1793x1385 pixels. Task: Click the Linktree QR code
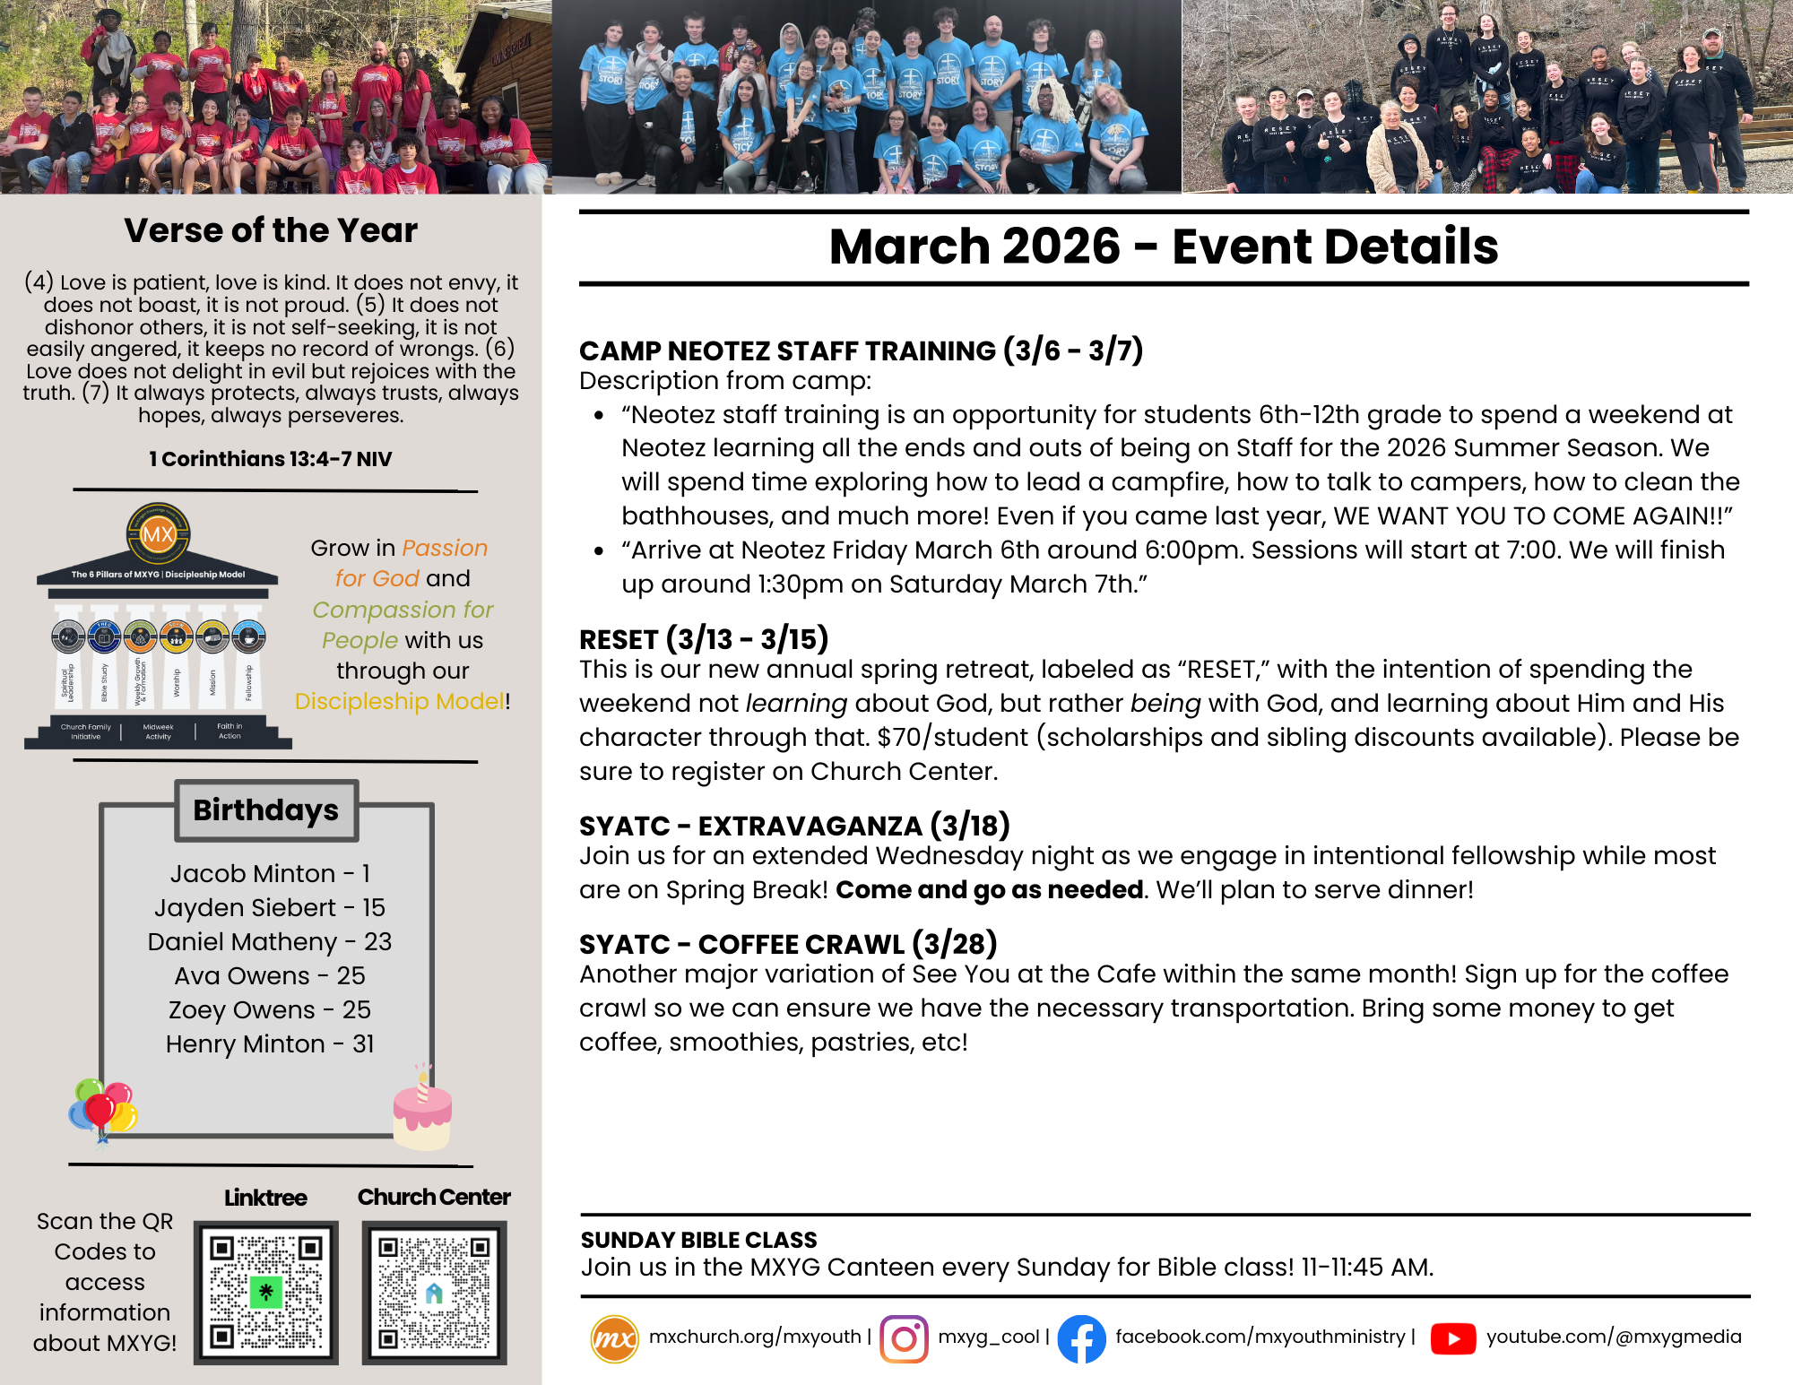click(x=265, y=1292)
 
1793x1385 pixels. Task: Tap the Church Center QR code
click(x=434, y=1292)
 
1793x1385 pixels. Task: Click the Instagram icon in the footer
click(x=904, y=1338)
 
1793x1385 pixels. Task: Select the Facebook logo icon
click(x=1081, y=1338)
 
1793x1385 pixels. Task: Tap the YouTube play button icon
click(x=1453, y=1338)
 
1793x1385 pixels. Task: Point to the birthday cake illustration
click(x=422, y=1112)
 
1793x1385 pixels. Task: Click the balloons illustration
click(x=103, y=1109)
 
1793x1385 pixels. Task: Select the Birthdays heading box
click(x=266, y=809)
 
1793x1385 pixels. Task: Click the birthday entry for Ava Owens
click(x=270, y=975)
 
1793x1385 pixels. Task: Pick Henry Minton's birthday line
click(x=270, y=1043)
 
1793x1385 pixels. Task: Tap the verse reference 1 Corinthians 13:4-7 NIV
click(x=271, y=459)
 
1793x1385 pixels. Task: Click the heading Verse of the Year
click(x=271, y=230)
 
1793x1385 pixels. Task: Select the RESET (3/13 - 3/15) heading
click(x=704, y=639)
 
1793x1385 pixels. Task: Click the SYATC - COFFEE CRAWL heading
click(x=788, y=944)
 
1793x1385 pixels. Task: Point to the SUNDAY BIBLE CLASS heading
click(x=698, y=1240)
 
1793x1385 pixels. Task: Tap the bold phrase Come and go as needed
click(x=989, y=889)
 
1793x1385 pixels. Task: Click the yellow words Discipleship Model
click(x=400, y=701)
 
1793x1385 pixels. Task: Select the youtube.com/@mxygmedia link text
click(x=1614, y=1337)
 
